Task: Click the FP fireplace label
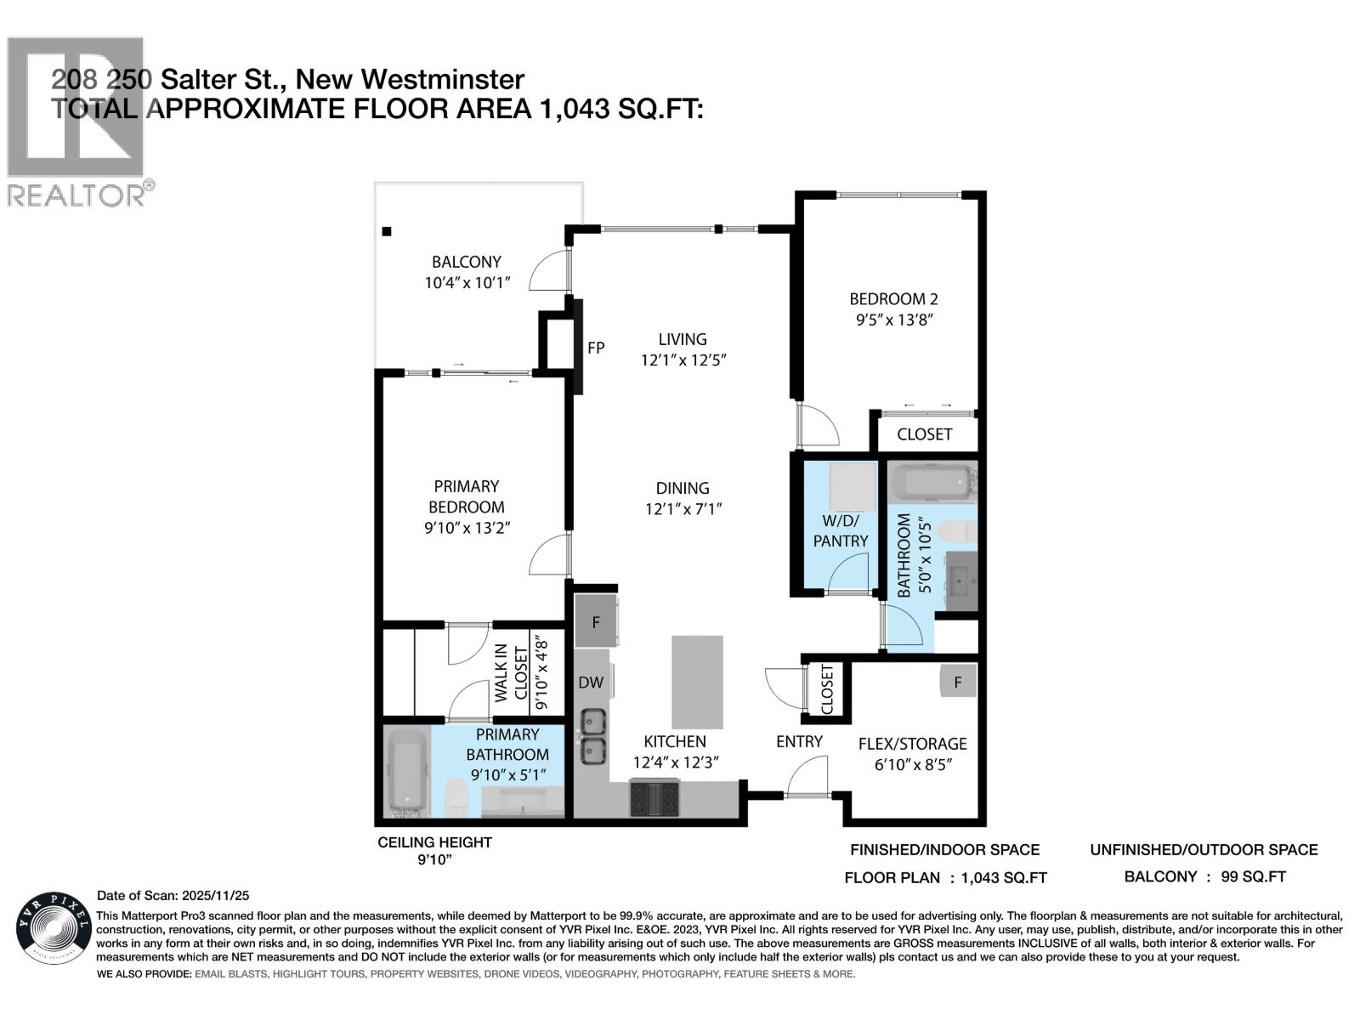596,348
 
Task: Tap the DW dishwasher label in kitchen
591,682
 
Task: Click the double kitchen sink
592,736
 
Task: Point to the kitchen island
697,682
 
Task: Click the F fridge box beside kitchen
596,622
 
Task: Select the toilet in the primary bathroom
457,797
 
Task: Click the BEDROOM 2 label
893,299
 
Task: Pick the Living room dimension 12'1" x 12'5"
683,360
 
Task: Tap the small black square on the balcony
387,231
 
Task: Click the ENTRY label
799,741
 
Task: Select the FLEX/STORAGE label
912,744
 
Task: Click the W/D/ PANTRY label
841,530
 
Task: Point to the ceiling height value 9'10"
434,860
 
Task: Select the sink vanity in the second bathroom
961,581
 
